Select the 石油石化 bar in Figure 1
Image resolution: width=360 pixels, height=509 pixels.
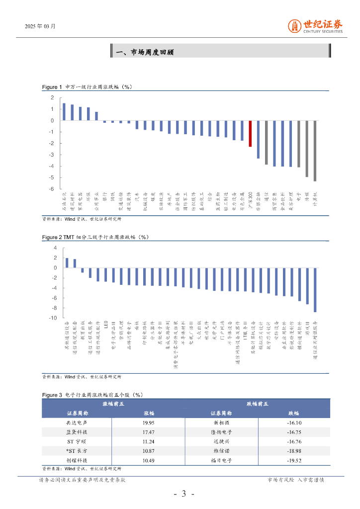click(64, 112)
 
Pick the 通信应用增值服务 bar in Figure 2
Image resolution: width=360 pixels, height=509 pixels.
click(315, 290)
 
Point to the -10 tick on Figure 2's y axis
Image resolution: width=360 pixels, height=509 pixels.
click(53, 318)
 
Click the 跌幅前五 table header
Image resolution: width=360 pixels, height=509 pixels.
click(258, 404)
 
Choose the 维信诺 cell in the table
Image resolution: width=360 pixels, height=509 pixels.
click(221, 451)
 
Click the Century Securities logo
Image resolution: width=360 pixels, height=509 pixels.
click(316, 26)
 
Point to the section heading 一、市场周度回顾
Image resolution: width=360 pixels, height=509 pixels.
click(144, 52)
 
